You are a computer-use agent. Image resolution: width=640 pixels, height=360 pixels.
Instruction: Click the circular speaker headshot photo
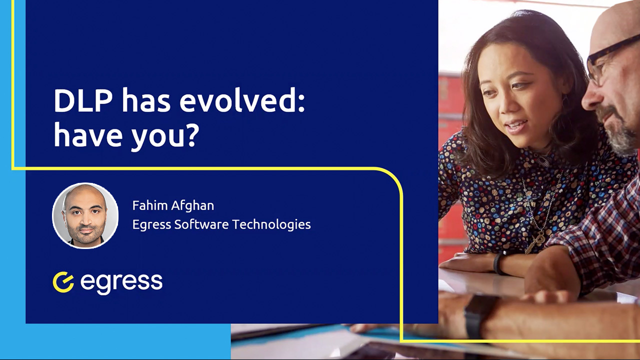pyautogui.click(x=85, y=215)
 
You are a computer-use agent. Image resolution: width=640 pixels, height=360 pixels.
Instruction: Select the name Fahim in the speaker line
pyautogui.click(x=151, y=205)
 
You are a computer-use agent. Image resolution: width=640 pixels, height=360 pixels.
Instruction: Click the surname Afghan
pyautogui.click(x=193, y=205)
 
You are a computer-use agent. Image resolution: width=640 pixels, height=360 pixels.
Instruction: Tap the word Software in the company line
pyautogui.click(x=201, y=224)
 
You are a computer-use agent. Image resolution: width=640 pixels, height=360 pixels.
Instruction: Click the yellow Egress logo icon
pyautogui.click(x=63, y=282)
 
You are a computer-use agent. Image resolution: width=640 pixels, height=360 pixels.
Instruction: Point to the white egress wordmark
pyautogui.click(x=121, y=282)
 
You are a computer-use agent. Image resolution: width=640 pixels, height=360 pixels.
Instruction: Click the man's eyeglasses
pyautogui.click(x=607, y=60)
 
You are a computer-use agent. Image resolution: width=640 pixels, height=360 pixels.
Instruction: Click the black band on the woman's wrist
pyautogui.click(x=498, y=262)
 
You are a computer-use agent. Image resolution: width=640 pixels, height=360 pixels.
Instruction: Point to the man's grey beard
pyautogui.click(x=620, y=132)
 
